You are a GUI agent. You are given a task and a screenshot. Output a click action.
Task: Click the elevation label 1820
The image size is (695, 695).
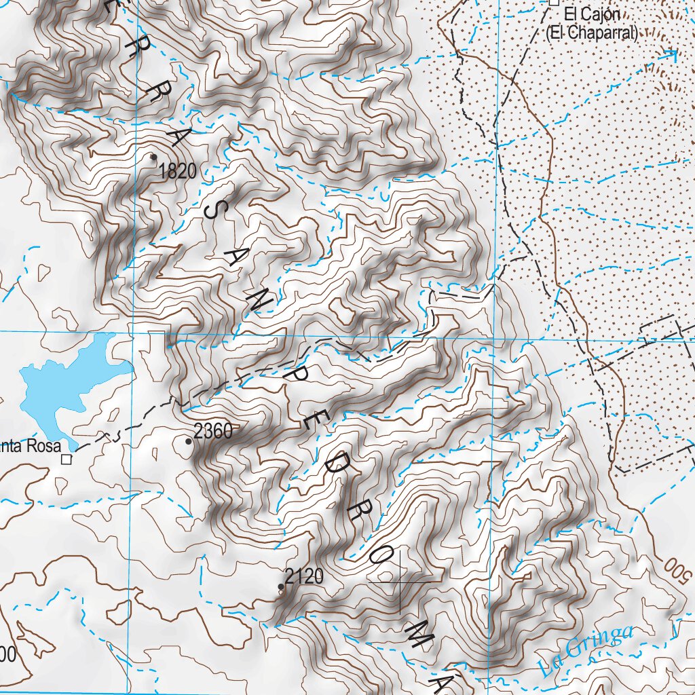(x=178, y=172)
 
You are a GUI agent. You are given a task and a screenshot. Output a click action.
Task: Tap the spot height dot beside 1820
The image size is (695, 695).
(x=153, y=157)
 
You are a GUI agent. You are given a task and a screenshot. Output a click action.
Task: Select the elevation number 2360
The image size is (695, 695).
(x=213, y=430)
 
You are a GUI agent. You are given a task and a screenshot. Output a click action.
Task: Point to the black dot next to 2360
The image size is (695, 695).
(x=189, y=441)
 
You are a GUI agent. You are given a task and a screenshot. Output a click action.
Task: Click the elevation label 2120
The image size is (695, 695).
(x=304, y=577)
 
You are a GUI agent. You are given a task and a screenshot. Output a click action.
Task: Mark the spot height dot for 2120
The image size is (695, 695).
(x=281, y=586)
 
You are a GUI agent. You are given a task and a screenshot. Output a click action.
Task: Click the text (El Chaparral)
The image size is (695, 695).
(x=592, y=33)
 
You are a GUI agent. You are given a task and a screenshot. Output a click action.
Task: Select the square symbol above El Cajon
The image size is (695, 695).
(x=554, y=3)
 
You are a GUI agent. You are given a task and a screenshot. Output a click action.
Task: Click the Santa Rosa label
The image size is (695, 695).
(x=30, y=447)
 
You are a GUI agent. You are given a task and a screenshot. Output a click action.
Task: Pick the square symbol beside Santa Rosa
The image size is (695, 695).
(x=67, y=459)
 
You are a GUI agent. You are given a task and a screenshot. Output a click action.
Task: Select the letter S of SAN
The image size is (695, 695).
(x=214, y=212)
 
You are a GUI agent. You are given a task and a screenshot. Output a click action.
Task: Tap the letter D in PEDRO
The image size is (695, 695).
(x=341, y=469)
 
